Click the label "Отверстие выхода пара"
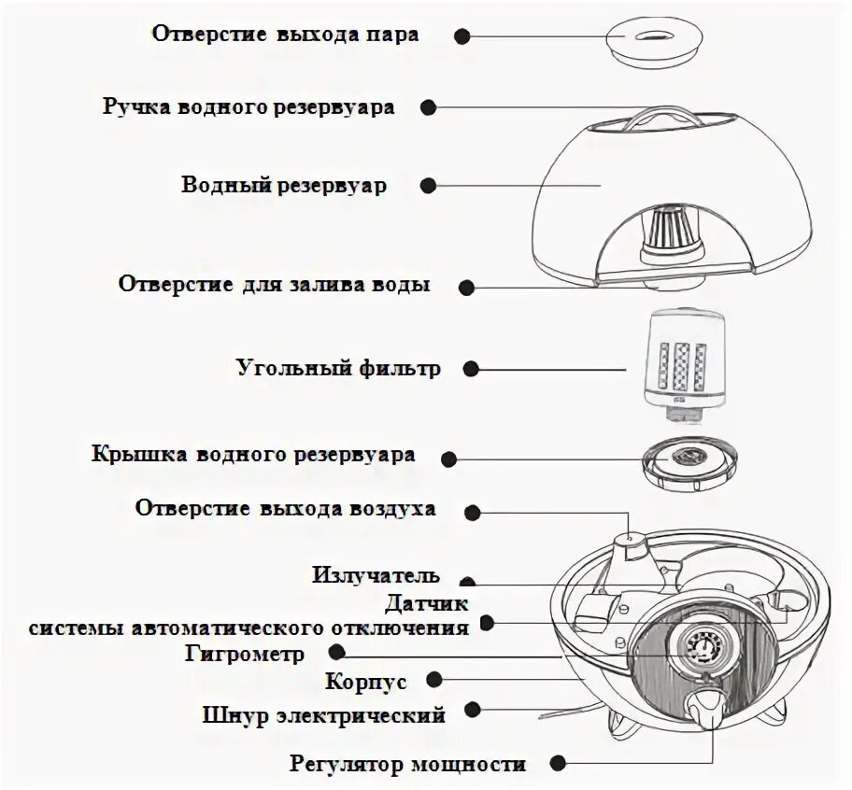pyautogui.click(x=286, y=35)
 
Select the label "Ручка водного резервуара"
pyautogui.click(x=248, y=107)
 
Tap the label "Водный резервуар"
pyautogui.click(x=284, y=185)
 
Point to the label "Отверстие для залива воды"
pyautogui.click(x=275, y=284)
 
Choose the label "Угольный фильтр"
pyautogui.click(x=337, y=368)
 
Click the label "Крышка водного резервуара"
pyautogui.click(x=253, y=456)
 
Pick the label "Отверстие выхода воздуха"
pyautogui.click(x=285, y=509)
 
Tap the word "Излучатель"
pyautogui.click(x=376, y=575)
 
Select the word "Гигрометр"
pyautogui.click(x=245, y=654)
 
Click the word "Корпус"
pyautogui.click(x=366, y=682)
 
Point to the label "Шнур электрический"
pyautogui.click(x=323, y=716)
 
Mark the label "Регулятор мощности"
pyautogui.click(x=407, y=765)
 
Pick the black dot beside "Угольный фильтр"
pyautogui.click(x=471, y=369)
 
